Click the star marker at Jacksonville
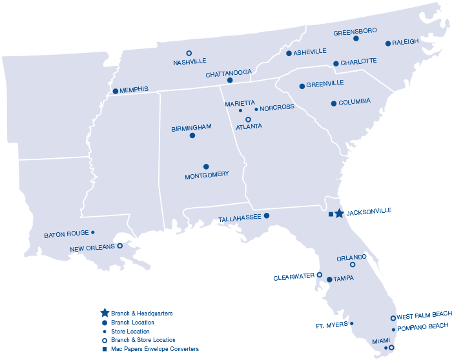[x=340, y=214]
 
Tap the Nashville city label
[x=190, y=61]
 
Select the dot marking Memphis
[x=116, y=91]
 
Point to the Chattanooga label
[x=229, y=74]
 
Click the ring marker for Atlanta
[x=248, y=119]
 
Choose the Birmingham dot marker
[x=192, y=135]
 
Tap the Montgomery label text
[x=207, y=175]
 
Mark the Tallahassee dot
[x=267, y=215]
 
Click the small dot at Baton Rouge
[x=93, y=232]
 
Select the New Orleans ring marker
[x=119, y=246]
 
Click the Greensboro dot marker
[x=356, y=39]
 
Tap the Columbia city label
[x=354, y=101]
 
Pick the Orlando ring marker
[x=353, y=265]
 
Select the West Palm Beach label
[x=425, y=316]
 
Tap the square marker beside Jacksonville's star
[x=331, y=214]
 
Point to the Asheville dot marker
[x=289, y=53]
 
